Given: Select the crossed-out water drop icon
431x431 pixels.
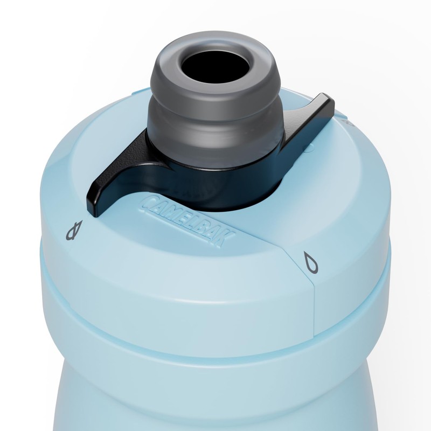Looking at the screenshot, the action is coord(75,231).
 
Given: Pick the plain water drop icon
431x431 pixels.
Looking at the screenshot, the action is coord(311,262).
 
